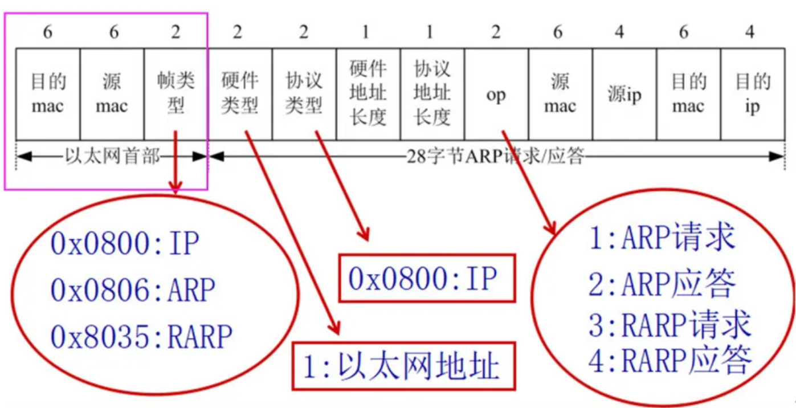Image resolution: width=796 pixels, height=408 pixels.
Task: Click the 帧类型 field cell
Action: point(176,93)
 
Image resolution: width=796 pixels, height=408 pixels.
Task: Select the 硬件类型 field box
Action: point(240,93)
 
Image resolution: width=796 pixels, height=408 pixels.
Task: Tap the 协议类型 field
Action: point(304,93)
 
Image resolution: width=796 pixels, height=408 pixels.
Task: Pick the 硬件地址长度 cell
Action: point(368,93)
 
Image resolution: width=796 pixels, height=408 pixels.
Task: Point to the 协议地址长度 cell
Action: point(432,93)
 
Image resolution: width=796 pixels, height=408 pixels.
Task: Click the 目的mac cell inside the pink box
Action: point(48,93)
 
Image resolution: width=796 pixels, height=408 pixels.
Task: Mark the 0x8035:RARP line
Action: point(141,336)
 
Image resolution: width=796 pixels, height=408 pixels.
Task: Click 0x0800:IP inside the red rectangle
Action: point(423,279)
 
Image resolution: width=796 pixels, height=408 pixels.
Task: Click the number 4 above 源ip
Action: point(619,32)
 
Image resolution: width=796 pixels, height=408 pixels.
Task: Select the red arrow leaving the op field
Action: point(527,182)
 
